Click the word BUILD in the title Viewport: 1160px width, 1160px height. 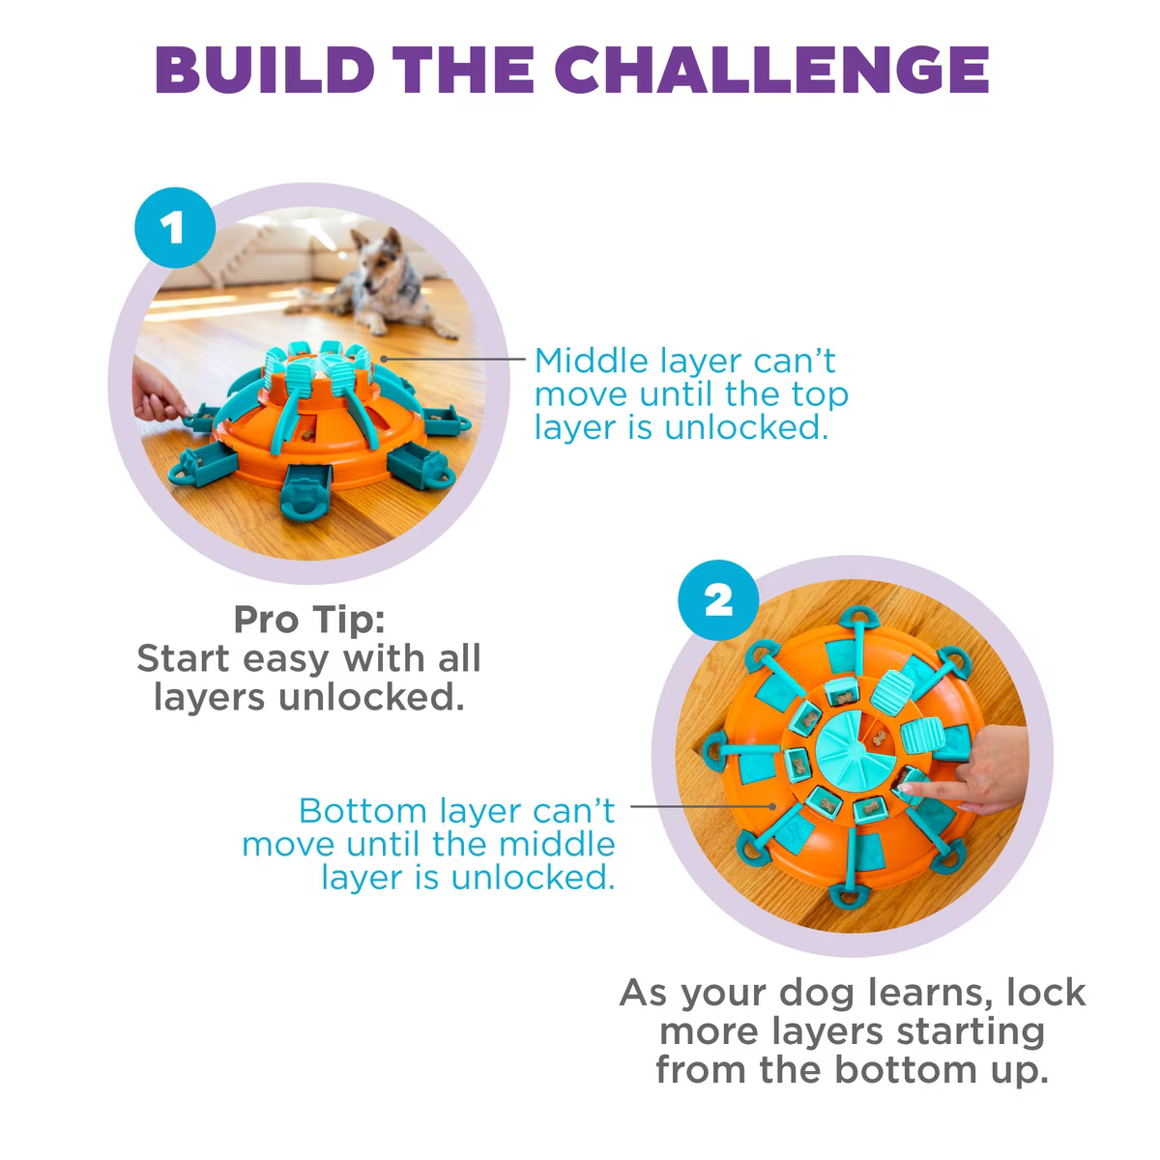click(x=265, y=70)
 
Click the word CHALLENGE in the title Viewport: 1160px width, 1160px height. click(x=771, y=70)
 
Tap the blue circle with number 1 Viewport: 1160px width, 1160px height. click(x=175, y=227)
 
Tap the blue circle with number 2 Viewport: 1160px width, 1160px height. click(x=718, y=600)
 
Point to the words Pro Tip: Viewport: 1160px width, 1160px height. click(x=308, y=620)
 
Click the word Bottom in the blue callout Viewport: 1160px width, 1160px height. click(x=363, y=811)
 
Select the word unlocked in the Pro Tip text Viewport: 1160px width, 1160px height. click(x=371, y=697)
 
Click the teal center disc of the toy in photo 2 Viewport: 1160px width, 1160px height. click(x=855, y=750)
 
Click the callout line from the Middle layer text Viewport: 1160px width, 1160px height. click(x=453, y=359)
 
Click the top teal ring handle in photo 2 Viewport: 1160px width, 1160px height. click(x=858, y=618)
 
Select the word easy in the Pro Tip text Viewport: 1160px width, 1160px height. click(x=285, y=660)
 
